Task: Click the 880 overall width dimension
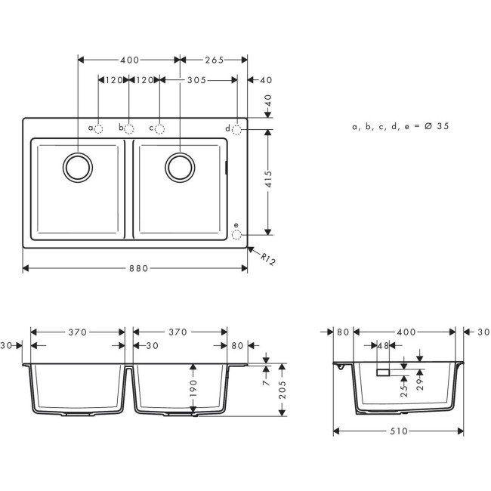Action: coord(136,267)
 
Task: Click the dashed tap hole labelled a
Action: coord(99,129)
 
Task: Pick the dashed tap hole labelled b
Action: coord(129,129)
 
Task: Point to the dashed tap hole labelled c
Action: coord(159,129)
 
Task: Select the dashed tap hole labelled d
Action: coord(237,130)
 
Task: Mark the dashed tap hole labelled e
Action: coord(237,235)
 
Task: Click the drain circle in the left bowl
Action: coord(78,166)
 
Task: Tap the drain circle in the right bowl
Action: coord(180,166)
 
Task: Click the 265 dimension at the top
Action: coord(214,60)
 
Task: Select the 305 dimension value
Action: coord(198,79)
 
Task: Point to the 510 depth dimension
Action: coord(398,431)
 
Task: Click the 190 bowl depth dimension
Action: coord(194,388)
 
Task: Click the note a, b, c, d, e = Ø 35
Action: coord(400,127)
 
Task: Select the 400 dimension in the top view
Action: coord(130,60)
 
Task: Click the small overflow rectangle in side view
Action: coord(383,372)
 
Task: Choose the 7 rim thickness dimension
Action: coord(265,383)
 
